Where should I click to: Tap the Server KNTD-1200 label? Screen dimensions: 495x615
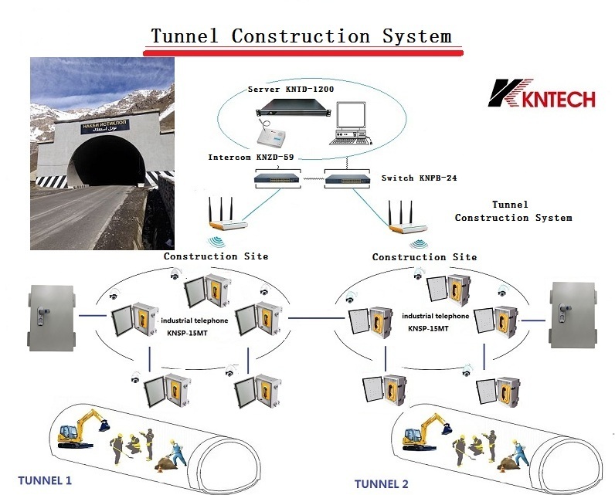tap(292, 90)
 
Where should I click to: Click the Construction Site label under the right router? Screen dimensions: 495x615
tap(424, 256)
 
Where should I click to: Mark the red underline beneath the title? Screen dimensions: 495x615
tap(302, 51)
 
